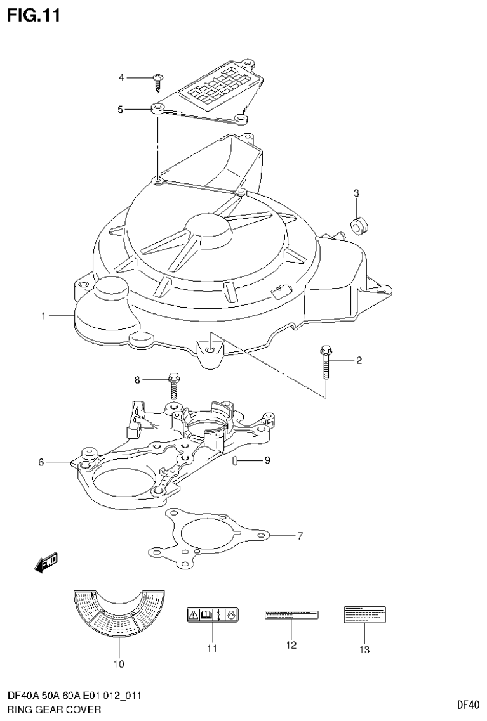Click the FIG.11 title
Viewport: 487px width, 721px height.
pyautogui.click(x=34, y=15)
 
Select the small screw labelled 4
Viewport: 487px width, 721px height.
pyautogui.click(x=158, y=80)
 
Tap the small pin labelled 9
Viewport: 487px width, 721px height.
pyautogui.click(x=236, y=460)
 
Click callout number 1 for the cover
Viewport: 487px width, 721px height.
pyautogui.click(x=44, y=316)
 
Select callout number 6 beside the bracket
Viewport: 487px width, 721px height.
pyautogui.click(x=41, y=462)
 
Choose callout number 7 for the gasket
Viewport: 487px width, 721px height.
pyautogui.click(x=300, y=536)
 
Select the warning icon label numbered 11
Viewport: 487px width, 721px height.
pyautogui.click(x=212, y=614)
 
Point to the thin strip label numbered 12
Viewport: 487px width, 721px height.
pyautogui.click(x=291, y=614)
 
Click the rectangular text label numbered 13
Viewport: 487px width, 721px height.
pyautogui.click(x=365, y=613)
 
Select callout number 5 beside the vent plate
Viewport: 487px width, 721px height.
pyautogui.click(x=120, y=109)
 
